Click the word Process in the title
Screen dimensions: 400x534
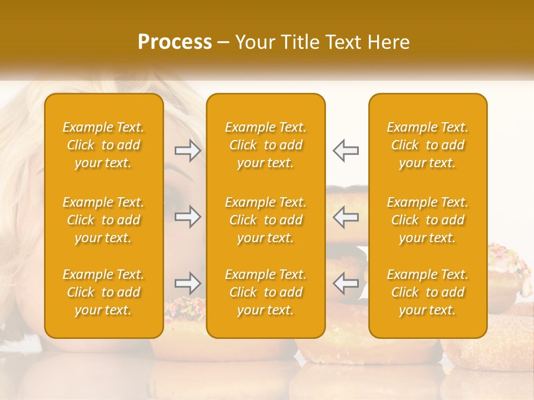[175, 42]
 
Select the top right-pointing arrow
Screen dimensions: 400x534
[187, 151]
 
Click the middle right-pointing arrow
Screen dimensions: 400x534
[187, 217]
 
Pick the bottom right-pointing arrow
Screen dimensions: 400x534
[187, 283]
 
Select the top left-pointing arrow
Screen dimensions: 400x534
[346, 151]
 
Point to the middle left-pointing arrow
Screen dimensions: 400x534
[346, 217]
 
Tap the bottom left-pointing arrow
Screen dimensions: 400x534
[346, 283]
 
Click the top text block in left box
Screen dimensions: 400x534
[103, 145]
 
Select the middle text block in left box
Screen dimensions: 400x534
[103, 220]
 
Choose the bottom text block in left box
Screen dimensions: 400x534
[103, 292]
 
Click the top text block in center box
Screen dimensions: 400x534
[266, 145]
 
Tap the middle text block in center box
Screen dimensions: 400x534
[266, 220]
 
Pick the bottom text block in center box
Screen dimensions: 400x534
[266, 292]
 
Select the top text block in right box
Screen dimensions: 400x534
[428, 145]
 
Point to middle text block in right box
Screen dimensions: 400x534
[428, 220]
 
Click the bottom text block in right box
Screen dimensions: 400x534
[428, 292]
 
